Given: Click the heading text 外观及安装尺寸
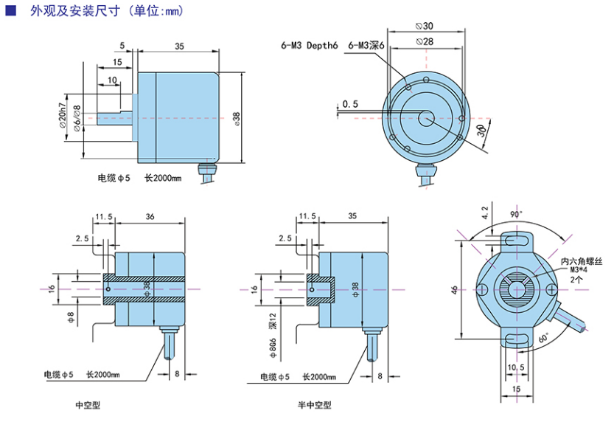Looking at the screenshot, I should coord(74,11).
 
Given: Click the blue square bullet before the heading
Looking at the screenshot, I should coord(10,11).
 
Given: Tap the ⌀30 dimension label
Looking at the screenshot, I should coord(424,26).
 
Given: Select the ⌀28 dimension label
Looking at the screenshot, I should coord(424,42).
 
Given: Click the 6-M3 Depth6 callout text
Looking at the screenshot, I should coord(309,45).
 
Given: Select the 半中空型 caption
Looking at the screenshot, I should coord(315,405).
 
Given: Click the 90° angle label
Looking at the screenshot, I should coord(516,213).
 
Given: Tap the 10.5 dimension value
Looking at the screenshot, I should coord(516,367).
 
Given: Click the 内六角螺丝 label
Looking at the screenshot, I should coord(582,261).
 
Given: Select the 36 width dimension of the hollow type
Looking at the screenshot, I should coord(150,216).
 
